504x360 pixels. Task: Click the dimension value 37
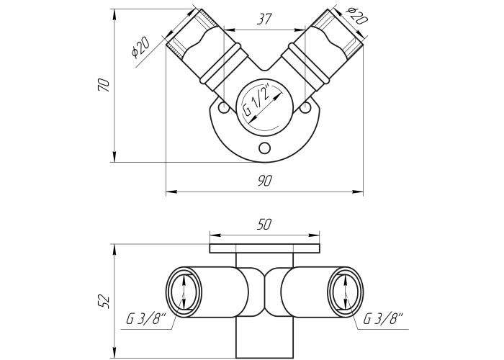(264, 20)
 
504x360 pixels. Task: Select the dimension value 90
(264, 182)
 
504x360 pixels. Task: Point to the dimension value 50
(264, 224)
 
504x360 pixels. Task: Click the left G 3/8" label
(146, 318)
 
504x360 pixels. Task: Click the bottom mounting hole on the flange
(264, 148)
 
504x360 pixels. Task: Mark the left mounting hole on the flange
(224, 108)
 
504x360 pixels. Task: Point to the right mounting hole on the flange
(306, 108)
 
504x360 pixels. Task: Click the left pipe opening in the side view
(185, 294)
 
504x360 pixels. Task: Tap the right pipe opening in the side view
(344, 294)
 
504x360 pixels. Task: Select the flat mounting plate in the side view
(264, 248)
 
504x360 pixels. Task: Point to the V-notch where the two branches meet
(264, 72)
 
